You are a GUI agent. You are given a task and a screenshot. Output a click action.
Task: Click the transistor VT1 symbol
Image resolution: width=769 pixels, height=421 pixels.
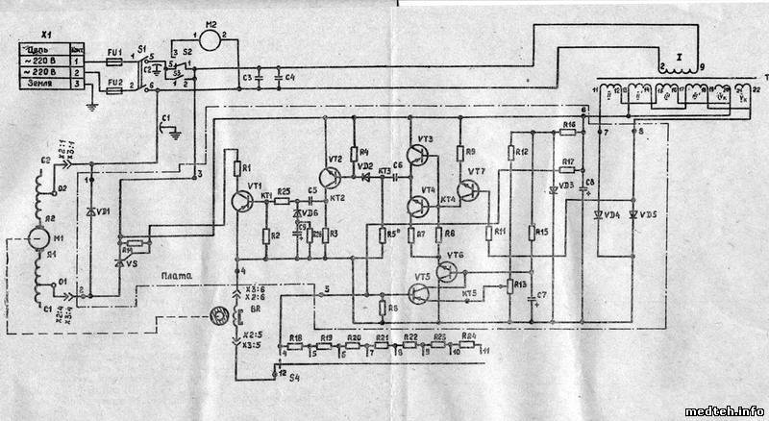pyautogui.click(x=239, y=199)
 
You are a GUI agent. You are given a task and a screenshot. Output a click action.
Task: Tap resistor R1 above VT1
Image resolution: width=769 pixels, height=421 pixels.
pyautogui.click(x=236, y=169)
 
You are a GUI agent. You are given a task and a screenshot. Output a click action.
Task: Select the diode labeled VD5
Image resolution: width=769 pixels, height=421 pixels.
pyautogui.click(x=633, y=213)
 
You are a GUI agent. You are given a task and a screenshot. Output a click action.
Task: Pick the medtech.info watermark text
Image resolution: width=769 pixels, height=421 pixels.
pyautogui.click(x=724, y=410)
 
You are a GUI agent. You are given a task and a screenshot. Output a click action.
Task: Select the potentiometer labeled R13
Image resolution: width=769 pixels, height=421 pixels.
pyautogui.click(x=510, y=285)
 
